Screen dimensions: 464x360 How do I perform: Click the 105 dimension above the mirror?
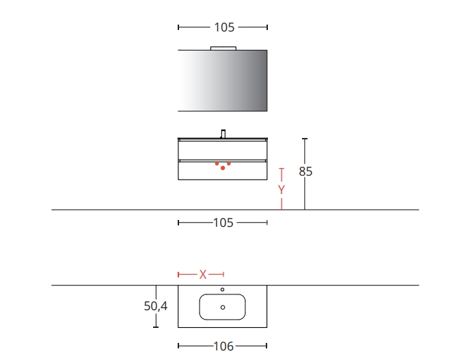pyautogui.click(x=224, y=27)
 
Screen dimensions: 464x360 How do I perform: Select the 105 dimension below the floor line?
pyautogui.click(x=223, y=223)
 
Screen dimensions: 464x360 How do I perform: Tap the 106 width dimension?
pyautogui.click(x=223, y=346)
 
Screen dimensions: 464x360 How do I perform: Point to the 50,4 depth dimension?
pyautogui.click(x=156, y=306)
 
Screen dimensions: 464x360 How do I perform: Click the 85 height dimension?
pyautogui.click(x=305, y=171)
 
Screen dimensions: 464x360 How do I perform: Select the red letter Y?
pyautogui.click(x=282, y=190)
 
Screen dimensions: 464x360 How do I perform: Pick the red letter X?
pyautogui.click(x=203, y=275)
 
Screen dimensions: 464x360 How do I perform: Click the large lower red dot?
pyautogui.click(x=223, y=168)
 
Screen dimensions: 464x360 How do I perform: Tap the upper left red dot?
pyautogui.click(x=217, y=163)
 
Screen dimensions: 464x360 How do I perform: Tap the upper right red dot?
pyautogui.click(x=229, y=163)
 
